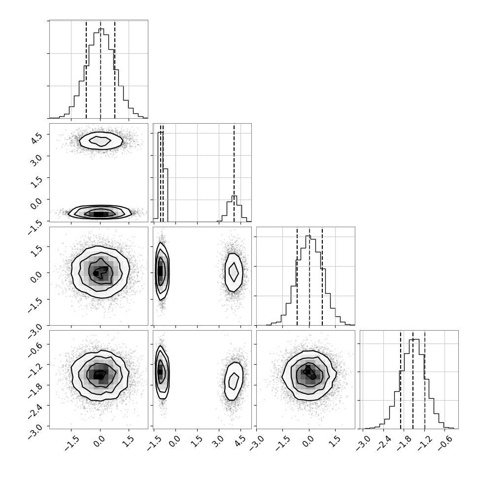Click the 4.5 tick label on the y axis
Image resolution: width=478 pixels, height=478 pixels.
coord(36,138)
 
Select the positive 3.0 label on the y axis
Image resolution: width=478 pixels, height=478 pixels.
coord(36,160)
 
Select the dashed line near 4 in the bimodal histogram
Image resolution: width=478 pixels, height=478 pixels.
coord(234,172)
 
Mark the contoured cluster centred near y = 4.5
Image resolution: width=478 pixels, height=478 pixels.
coord(101,141)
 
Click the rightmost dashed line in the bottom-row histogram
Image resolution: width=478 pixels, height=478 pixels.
coord(425,379)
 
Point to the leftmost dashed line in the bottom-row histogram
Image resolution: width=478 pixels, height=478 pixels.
coord(401,379)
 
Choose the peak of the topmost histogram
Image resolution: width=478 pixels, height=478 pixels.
coord(102,29)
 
